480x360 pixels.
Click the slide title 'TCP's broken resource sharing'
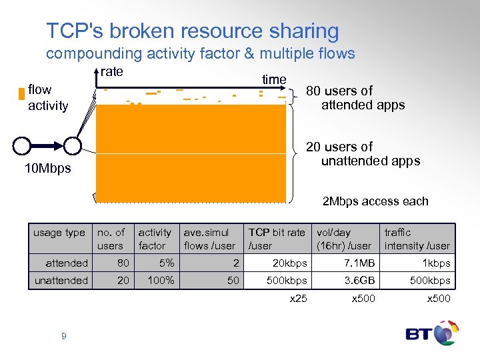click(x=192, y=31)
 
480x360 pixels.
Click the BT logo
click(x=433, y=333)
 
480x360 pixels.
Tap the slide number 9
click(x=63, y=336)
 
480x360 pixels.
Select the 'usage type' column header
click(x=59, y=233)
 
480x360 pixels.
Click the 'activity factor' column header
click(x=155, y=239)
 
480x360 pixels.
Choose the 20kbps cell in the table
click(x=289, y=263)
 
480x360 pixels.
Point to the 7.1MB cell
click(x=354, y=263)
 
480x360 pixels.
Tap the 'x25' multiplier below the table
click(x=298, y=299)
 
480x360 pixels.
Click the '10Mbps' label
click(x=47, y=169)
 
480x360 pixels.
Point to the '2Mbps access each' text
click(x=375, y=201)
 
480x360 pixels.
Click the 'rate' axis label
click(x=112, y=72)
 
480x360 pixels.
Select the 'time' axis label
click(x=273, y=79)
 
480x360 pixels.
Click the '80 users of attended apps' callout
click(x=355, y=97)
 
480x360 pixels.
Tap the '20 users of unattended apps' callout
click(x=362, y=153)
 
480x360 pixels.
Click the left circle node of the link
click(x=23, y=145)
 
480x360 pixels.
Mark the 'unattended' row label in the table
click(x=61, y=281)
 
